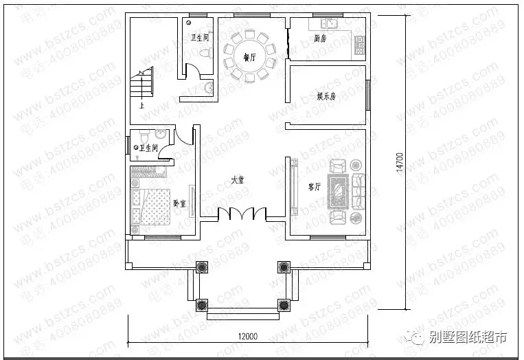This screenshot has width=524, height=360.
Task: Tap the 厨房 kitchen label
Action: click(319, 38)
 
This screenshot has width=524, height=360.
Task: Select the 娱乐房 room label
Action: click(326, 96)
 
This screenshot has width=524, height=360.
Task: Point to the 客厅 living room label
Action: click(315, 185)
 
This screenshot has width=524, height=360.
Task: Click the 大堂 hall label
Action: click(238, 180)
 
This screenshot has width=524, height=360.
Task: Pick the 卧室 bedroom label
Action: click(179, 203)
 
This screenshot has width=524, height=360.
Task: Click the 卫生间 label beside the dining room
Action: click(199, 38)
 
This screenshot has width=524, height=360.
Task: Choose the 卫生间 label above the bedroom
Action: click(149, 148)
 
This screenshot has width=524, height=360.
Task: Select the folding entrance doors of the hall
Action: click(242, 214)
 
